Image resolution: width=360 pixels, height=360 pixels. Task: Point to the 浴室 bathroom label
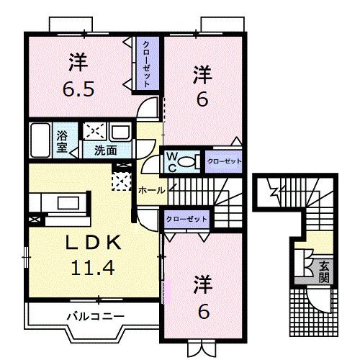click(x=63, y=140)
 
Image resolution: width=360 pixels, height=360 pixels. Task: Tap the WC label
click(x=173, y=160)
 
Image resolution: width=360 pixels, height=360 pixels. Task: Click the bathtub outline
click(x=42, y=140)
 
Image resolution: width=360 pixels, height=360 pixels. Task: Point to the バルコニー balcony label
click(x=96, y=315)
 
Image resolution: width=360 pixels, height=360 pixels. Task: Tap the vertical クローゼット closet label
click(x=146, y=63)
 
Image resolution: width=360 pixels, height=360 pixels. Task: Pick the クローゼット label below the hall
click(x=186, y=218)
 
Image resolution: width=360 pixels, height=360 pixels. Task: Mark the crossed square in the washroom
click(x=94, y=132)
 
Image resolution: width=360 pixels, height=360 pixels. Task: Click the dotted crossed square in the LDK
click(x=122, y=177)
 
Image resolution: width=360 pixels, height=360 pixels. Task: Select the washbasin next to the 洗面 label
click(x=120, y=134)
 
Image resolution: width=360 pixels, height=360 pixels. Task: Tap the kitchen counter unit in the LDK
click(x=62, y=201)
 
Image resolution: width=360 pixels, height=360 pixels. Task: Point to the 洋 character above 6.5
click(x=78, y=63)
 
